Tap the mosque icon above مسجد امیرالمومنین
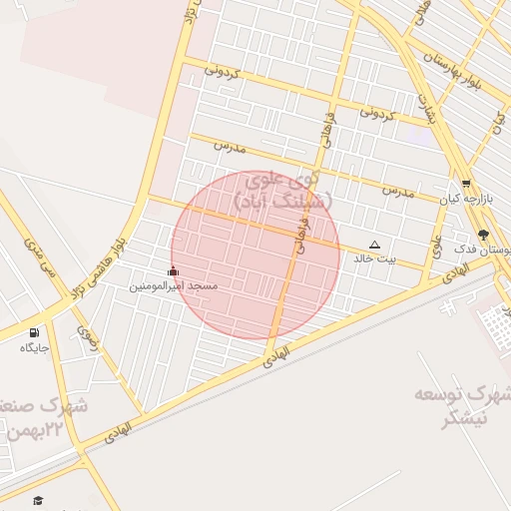(174, 270)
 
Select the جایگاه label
(34, 347)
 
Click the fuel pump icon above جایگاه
(35, 332)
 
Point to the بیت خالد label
(375, 258)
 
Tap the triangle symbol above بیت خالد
(375, 245)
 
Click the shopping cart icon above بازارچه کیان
(466, 183)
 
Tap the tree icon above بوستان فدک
(484, 236)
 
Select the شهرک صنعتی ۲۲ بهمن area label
(45, 418)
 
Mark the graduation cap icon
(38, 500)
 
